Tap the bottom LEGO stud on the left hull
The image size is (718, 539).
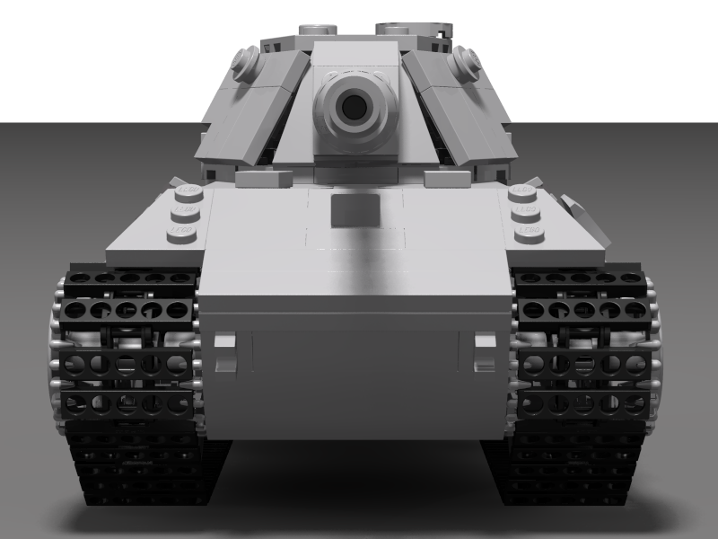click(x=181, y=233)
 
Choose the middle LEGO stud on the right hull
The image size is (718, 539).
click(x=526, y=213)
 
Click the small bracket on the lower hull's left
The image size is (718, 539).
click(x=224, y=352)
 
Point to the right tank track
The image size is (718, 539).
click(x=583, y=386)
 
